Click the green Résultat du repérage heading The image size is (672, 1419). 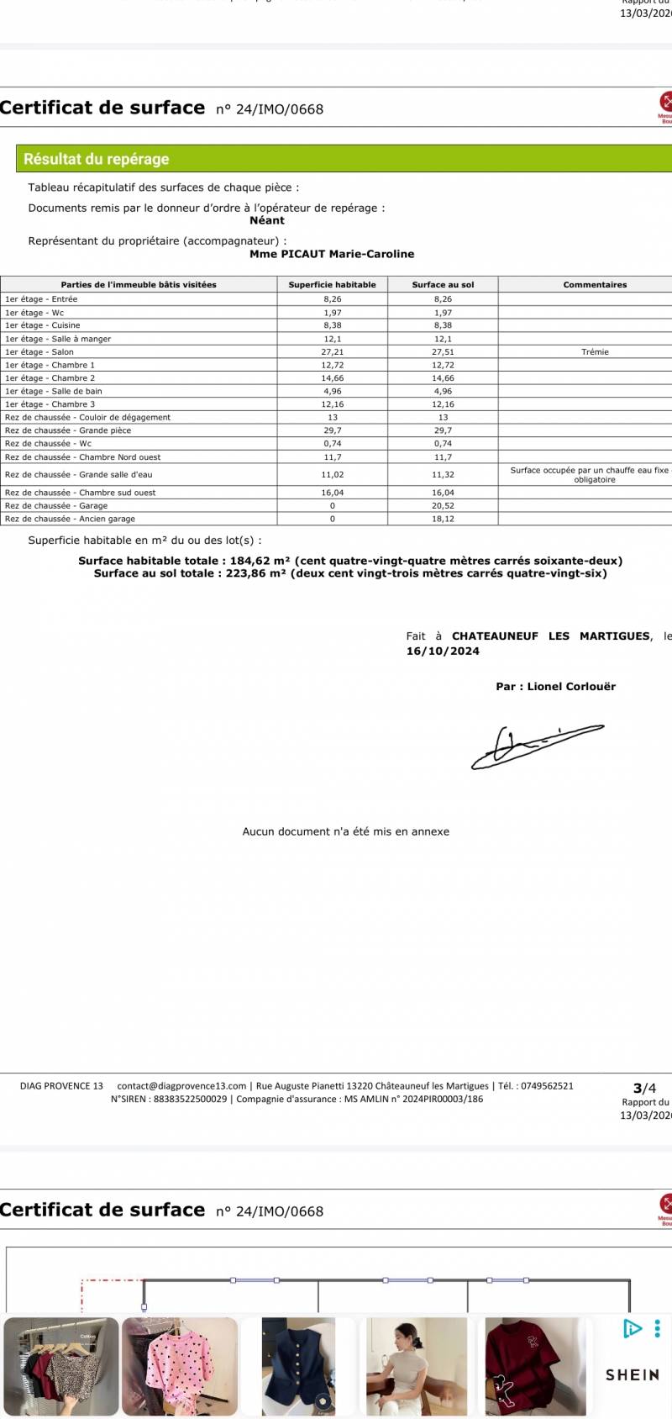click(x=97, y=159)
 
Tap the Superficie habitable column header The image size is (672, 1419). click(x=333, y=285)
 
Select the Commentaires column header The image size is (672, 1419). click(x=595, y=285)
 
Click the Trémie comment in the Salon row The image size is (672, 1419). click(x=595, y=352)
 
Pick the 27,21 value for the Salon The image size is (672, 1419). click(x=333, y=352)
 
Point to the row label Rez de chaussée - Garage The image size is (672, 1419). click(x=56, y=506)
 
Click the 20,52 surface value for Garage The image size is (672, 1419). click(x=443, y=506)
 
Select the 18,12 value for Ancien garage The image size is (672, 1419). click(x=443, y=519)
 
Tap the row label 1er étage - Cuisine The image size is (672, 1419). click(x=43, y=325)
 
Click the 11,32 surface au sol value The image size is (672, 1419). click(x=443, y=475)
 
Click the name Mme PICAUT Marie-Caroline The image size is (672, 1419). click(x=332, y=254)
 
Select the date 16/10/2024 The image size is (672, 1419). click(x=443, y=651)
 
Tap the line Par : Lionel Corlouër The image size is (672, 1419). click(x=555, y=687)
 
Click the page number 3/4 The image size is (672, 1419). click(x=644, y=1089)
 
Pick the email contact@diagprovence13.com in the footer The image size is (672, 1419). click(x=181, y=1086)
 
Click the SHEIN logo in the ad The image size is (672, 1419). click(x=633, y=1375)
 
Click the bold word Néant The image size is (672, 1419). click(x=267, y=220)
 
